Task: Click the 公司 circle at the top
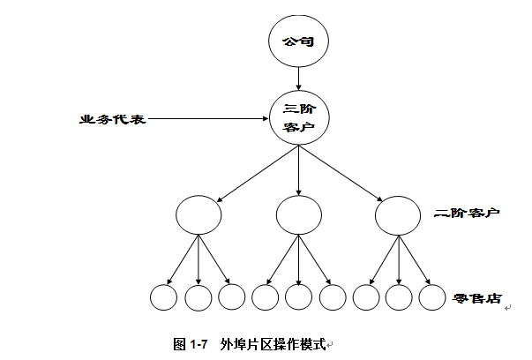[x=299, y=42]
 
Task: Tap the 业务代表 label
[x=111, y=118]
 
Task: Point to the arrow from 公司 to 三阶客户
[x=299, y=79]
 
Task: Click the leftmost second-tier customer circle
[x=199, y=214]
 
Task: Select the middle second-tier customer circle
[x=298, y=214]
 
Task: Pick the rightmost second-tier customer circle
[x=398, y=214]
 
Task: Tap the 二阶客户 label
[x=468, y=214]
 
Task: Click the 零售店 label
[x=476, y=298]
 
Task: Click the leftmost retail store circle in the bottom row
[x=164, y=297]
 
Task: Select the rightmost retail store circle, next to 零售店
[x=431, y=297]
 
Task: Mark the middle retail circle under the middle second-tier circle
[x=298, y=297]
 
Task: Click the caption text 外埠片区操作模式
[x=273, y=342]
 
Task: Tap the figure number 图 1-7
[x=191, y=342]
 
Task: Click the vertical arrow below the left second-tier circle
[x=199, y=259]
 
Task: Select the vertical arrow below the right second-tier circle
[x=398, y=259]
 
